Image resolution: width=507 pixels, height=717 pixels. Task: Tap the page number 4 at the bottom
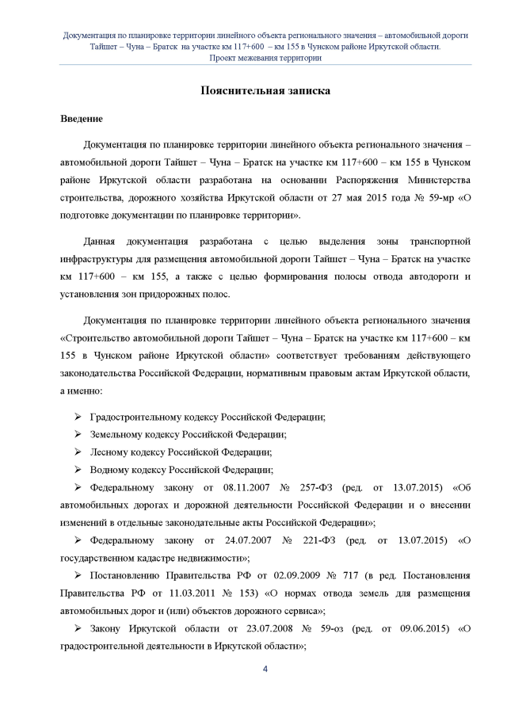265,671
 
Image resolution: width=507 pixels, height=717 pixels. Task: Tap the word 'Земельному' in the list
118,434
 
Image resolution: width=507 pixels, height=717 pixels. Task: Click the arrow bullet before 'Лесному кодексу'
78,452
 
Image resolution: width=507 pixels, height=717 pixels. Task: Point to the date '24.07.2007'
239,540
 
